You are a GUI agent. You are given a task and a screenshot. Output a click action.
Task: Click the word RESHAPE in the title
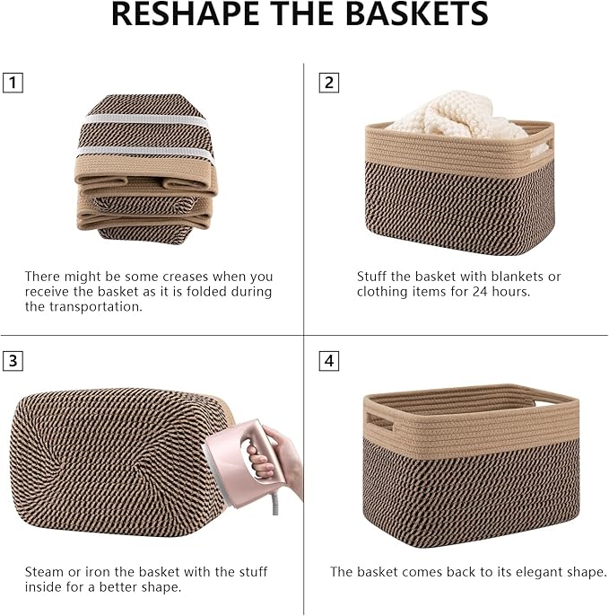[x=185, y=14]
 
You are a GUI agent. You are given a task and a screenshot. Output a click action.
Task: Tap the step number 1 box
[x=13, y=84]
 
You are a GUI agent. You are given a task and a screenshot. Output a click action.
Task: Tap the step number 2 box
[x=329, y=84]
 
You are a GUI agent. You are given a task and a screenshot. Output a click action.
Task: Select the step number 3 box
[x=13, y=361]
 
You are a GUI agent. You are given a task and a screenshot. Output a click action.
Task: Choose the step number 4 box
[x=329, y=361]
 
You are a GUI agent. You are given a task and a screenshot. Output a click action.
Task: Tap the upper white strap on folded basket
[x=144, y=120]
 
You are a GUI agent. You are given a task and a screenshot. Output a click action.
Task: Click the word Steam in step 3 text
[x=44, y=572]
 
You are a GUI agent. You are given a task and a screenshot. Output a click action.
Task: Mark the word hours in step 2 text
[x=513, y=292]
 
